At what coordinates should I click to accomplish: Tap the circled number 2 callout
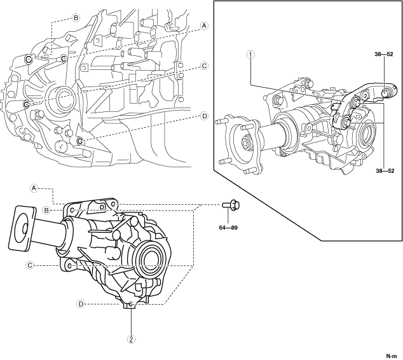[x=131, y=339]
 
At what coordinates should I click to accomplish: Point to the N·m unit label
[x=393, y=356]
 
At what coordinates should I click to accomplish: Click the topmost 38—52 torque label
[x=386, y=53]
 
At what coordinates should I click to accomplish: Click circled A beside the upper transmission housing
[x=204, y=27]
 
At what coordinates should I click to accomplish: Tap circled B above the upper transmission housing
[x=76, y=17]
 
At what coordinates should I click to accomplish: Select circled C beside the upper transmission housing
[x=204, y=66]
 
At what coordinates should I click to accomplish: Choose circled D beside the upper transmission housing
[x=204, y=116]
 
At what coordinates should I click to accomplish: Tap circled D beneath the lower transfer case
[x=81, y=304]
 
